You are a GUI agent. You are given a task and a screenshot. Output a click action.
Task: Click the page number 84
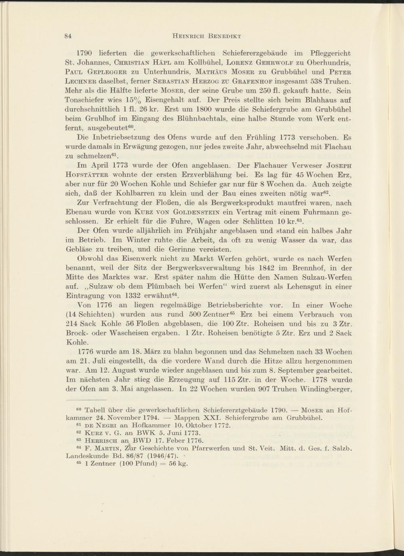pyautogui.click(x=68, y=37)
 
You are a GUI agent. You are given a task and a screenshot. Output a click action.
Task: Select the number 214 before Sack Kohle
pyautogui.click(x=72, y=325)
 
